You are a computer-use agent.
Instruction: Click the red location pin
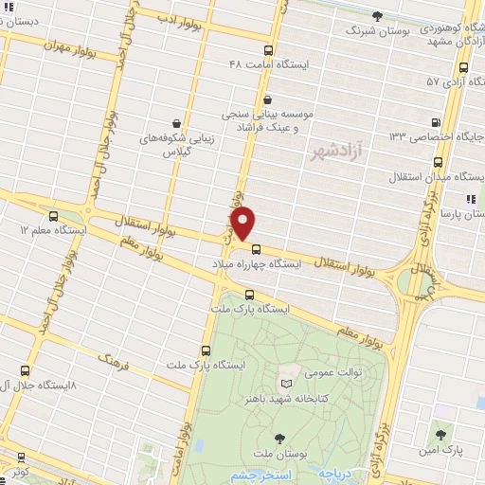click(x=243, y=224)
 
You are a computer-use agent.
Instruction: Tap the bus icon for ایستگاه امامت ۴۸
click(x=268, y=50)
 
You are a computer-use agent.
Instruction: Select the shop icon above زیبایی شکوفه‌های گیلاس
click(x=176, y=122)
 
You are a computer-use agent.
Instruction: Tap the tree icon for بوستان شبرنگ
click(x=378, y=15)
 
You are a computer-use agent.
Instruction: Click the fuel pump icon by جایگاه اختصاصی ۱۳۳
click(x=435, y=122)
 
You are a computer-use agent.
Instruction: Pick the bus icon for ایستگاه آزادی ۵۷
click(x=463, y=67)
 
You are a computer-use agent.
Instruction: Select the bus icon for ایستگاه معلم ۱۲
click(x=53, y=215)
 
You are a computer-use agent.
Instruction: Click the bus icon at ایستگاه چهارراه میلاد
click(x=256, y=249)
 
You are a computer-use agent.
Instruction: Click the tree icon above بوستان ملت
click(x=280, y=437)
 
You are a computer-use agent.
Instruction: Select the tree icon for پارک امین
click(x=440, y=434)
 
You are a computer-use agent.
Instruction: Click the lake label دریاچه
click(x=336, y=472)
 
